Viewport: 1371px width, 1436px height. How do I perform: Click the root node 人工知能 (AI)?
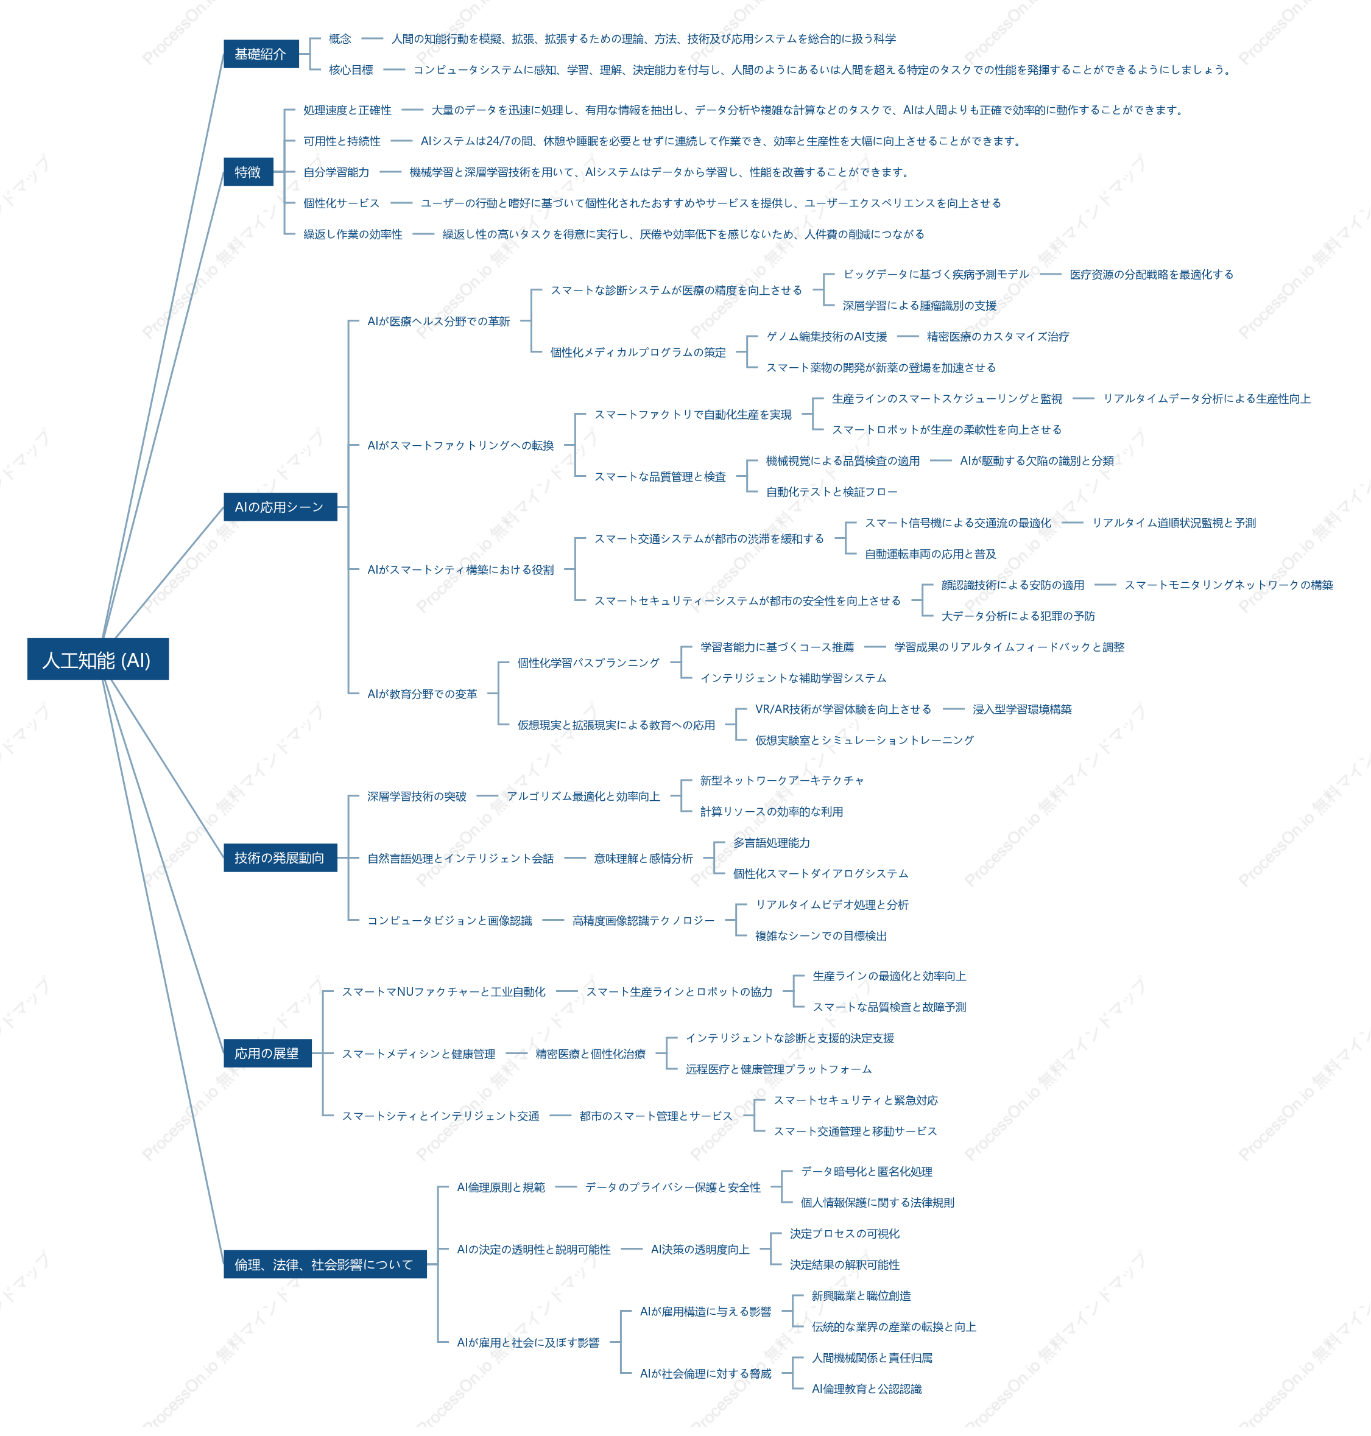[x=98, y=659]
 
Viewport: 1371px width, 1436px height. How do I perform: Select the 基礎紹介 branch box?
[x=261, y=54]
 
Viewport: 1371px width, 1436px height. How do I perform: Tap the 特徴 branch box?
[x=248, y=172]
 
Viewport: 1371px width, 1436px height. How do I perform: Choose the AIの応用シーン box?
[x=280, y=507]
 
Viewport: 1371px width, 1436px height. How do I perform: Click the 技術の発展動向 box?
[x=280, y=858]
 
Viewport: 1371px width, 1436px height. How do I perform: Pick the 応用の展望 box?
[x=267, y=1053]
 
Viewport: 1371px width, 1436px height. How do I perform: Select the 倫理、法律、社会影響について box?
[x=325, y=1264]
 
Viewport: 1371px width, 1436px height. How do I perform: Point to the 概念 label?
[x=340, y=39]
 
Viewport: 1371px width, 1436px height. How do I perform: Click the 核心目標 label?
[x=351, y=70]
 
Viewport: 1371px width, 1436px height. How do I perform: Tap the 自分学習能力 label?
[x=336, y=172]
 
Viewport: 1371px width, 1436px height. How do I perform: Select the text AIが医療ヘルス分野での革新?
[x=439, y=322]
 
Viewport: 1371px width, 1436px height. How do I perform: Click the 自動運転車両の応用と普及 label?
[x=930, y=554]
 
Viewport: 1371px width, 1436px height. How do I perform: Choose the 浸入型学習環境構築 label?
[x=1021, y=709]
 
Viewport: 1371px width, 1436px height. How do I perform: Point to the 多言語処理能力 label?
[x=772, y=843]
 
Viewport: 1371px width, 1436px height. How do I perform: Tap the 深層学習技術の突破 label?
[x=417, y=797]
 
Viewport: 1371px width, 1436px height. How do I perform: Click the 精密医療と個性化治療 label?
[x=591, y=1054]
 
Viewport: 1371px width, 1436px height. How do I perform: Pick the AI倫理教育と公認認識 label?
[x=867, y=1388]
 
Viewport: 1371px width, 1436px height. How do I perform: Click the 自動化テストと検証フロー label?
[x=831, y=492]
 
